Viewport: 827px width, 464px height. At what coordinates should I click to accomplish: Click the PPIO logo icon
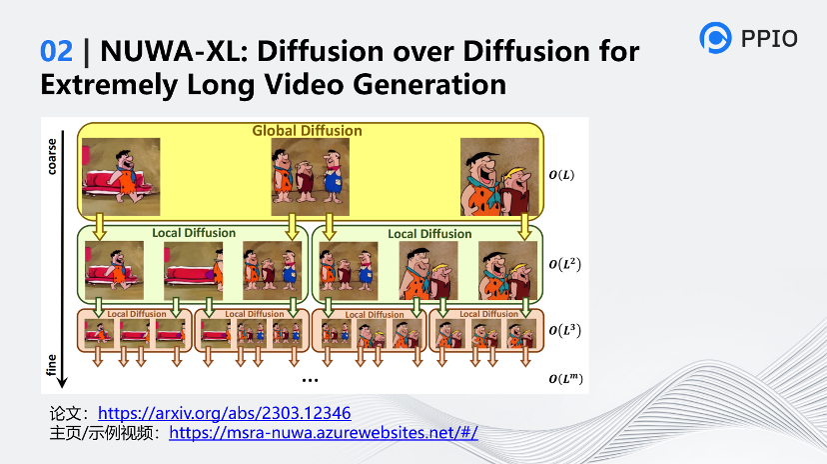pos(716,38)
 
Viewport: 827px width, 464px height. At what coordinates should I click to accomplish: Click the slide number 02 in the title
pos(56,51)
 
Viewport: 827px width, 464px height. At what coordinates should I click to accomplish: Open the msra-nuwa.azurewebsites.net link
pos(324,433)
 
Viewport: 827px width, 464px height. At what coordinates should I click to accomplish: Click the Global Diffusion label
pos(307,131)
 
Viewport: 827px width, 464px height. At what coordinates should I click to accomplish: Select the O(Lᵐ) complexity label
pos(567,378)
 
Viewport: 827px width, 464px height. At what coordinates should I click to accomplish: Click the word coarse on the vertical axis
pos(52,154)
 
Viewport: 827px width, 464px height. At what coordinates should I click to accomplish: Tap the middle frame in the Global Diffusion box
pos(310,171)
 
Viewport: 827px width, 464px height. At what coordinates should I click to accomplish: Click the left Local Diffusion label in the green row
pos(194,233)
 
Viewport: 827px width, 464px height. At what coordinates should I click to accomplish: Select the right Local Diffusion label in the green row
pos(429,234)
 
